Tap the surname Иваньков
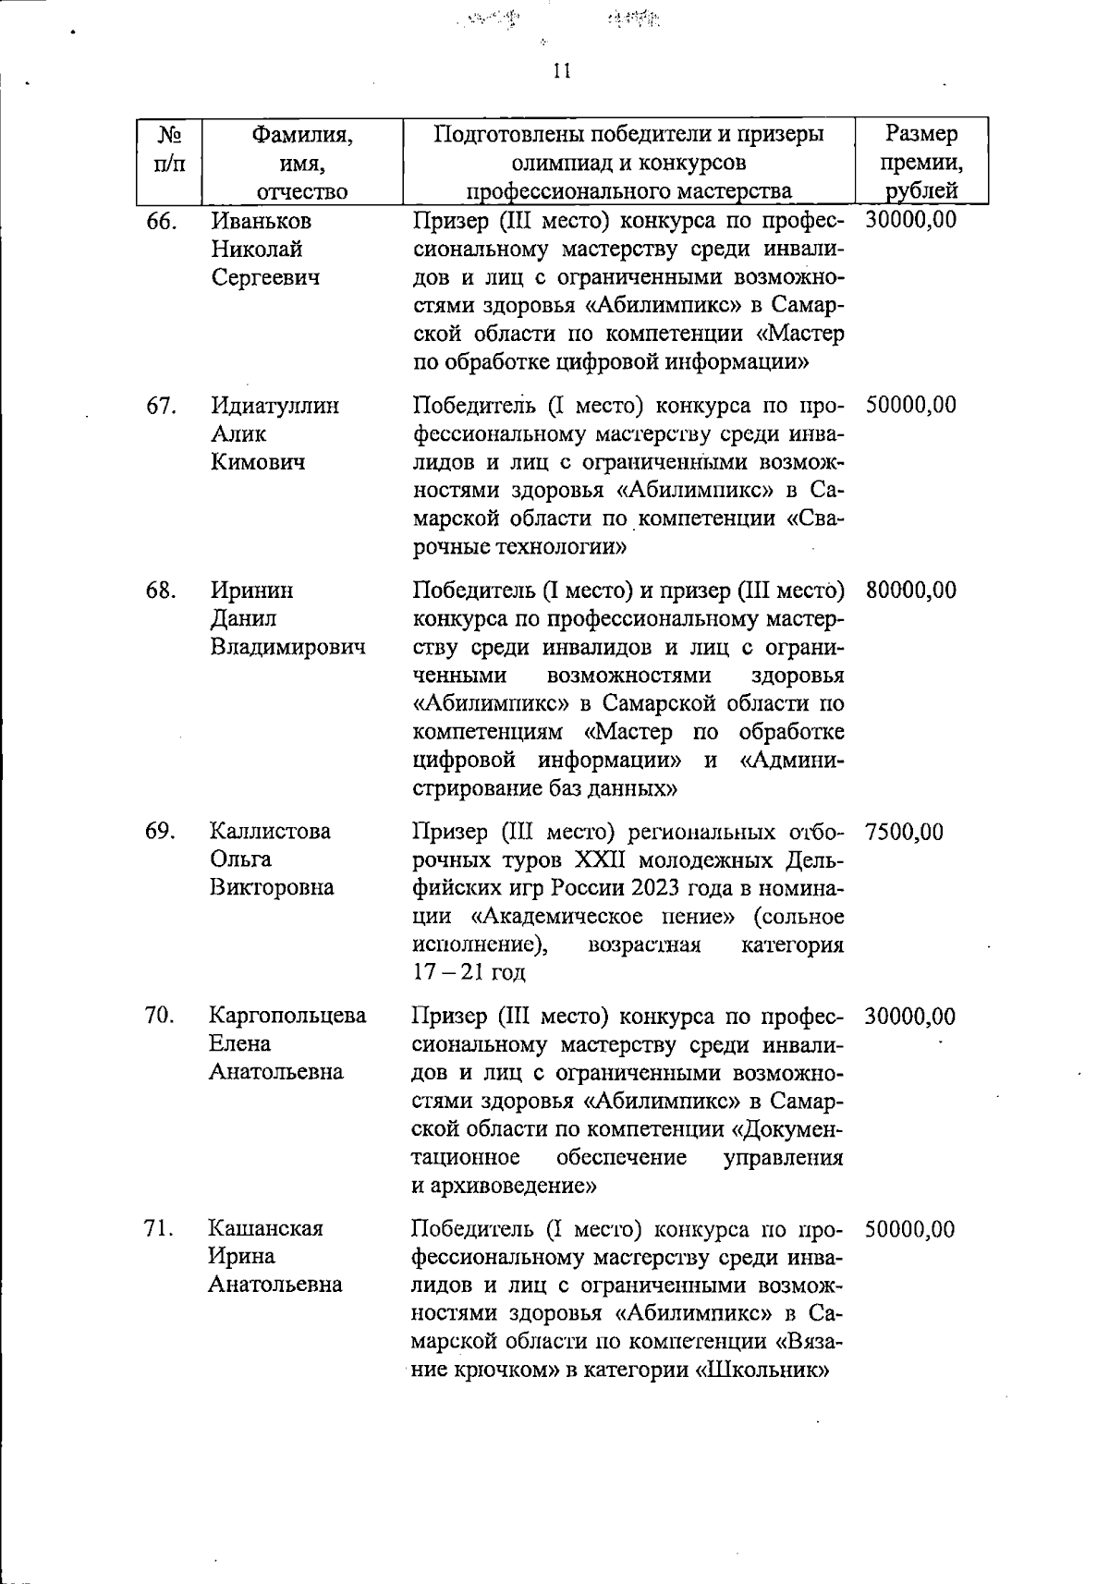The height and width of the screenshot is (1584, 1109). [262, 221]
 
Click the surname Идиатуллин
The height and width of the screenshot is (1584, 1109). [274, 406]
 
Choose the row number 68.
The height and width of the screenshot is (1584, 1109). [161, 590]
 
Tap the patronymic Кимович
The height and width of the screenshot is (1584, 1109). [258, 462]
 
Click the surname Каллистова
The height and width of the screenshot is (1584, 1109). [270, 831]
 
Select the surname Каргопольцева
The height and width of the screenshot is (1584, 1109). [287, 1016]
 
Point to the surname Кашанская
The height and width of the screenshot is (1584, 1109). [265, 1228]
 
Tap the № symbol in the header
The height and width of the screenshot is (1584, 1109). [168, 135]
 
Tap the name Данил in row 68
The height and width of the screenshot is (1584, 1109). [243, 618]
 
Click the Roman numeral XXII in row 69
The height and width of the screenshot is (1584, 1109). [602, 860]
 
